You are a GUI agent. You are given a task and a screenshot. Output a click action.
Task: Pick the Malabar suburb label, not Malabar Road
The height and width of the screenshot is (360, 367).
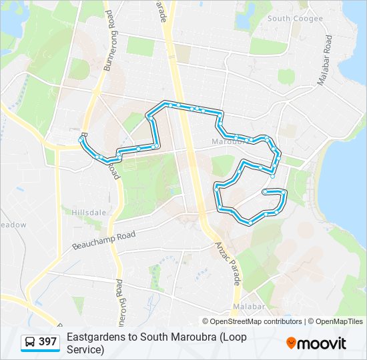pyautogui.click(x=248, y=306)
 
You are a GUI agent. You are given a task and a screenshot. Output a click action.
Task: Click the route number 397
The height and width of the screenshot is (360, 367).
pyautogui.click(x=48, y=342)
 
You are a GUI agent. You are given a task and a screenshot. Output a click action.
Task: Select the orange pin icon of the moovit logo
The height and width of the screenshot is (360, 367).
pyautogui.click(x=291, y=343)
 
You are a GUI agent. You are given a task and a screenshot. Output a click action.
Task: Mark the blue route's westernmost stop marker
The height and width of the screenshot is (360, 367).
pyautogui.click(x=81, y=138)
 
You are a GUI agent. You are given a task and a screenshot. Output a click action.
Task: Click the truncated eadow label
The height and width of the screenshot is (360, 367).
pyautogui.click(x=13, y=225)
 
